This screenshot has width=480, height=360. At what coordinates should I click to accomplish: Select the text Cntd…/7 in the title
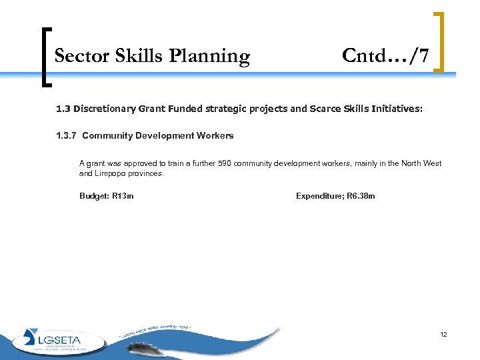(x=385, y=56)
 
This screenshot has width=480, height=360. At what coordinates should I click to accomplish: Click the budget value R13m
(x=123, y=196)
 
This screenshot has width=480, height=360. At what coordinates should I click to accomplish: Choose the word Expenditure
(x=321, y=196)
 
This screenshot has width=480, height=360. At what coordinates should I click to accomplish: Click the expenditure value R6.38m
(x=363, y=196)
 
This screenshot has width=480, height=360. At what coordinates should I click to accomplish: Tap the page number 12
(x=443, y=334)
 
